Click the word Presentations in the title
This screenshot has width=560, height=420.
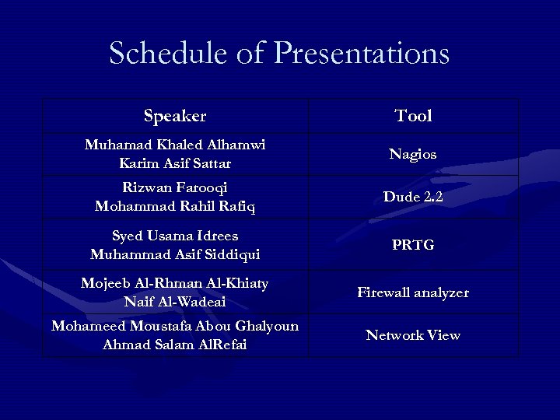click(362, 54)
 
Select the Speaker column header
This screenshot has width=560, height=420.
click(175, 117)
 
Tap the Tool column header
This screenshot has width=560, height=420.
click(413, 117)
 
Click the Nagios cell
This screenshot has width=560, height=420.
click(413, 154)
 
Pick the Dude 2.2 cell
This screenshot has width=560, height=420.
click(413, 198)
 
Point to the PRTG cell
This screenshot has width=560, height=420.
click(413, 245)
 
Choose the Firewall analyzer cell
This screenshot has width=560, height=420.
click(413, 293)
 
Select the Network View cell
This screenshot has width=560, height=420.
click(413, 336)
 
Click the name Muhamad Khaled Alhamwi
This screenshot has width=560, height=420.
click(175, 145)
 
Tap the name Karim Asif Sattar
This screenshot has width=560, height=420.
click(175, 163)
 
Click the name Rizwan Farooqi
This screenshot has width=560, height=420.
click(175, 187)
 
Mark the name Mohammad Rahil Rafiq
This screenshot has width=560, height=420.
click(175, 207)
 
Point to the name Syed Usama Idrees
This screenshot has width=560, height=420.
click(175, 236)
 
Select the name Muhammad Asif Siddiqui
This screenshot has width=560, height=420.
click(175, 254)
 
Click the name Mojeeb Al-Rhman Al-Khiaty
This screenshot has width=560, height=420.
click(175, 283)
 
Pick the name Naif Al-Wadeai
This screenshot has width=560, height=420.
click(175, 302)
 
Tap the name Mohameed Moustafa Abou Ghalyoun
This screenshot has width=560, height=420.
click(175, 326)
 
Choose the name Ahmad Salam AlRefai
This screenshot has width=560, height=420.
click(175, 345)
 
